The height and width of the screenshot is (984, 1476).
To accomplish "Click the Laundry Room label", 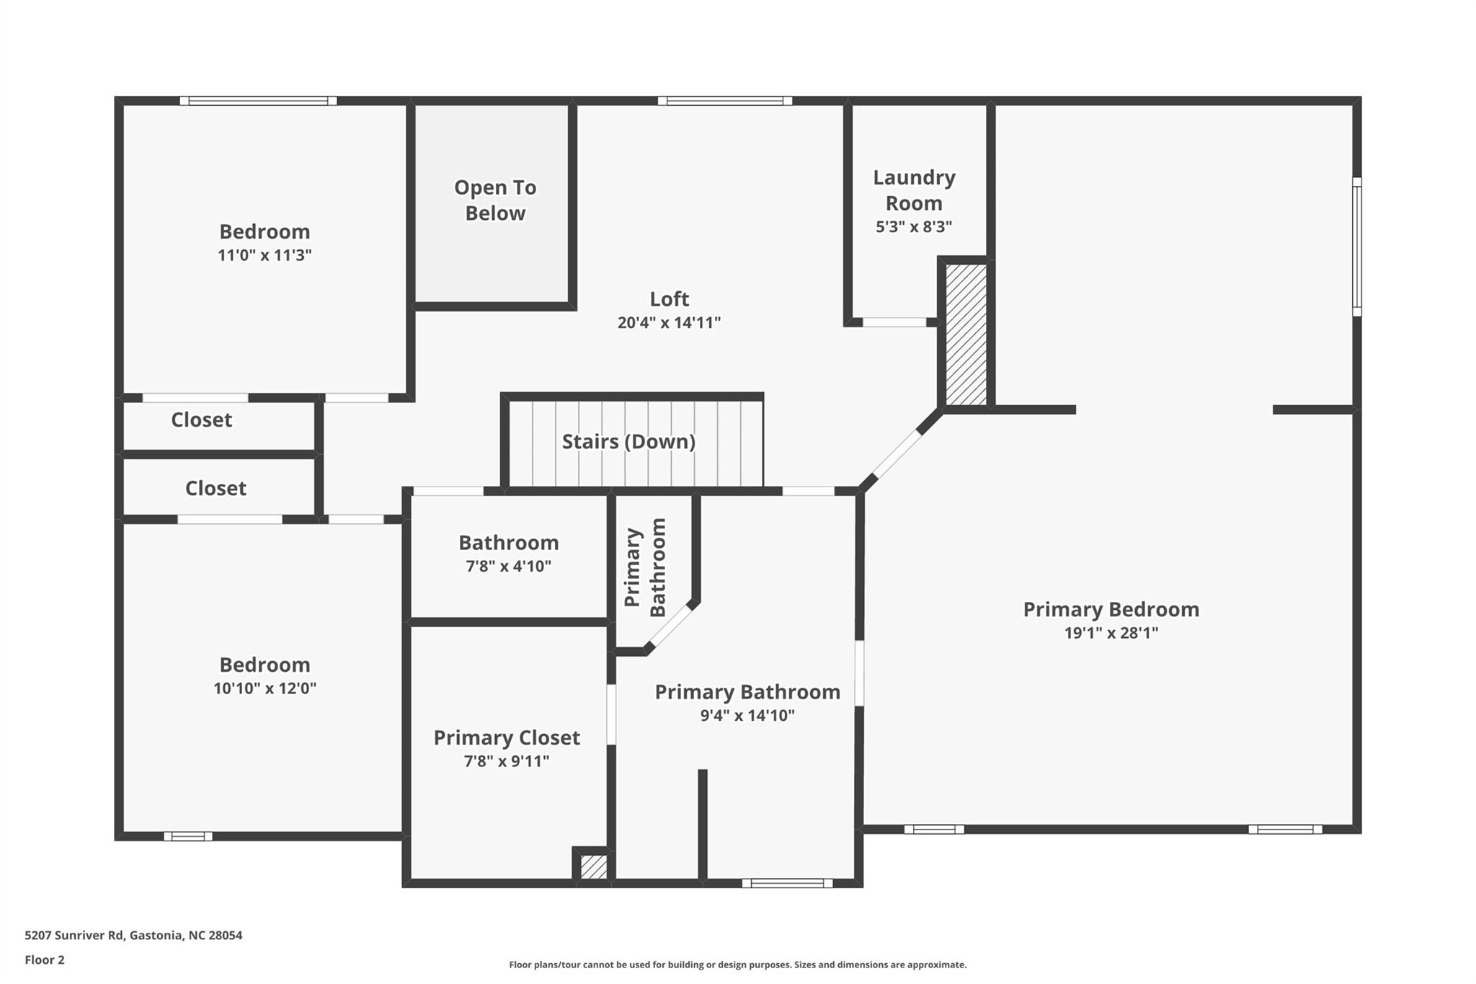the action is click(x=914, y=190).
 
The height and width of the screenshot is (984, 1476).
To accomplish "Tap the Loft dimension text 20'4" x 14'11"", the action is click(x=669, y=322).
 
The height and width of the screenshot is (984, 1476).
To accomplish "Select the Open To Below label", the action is click(x=495, y=200).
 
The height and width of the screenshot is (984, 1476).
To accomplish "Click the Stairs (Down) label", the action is click(x=628, y=441).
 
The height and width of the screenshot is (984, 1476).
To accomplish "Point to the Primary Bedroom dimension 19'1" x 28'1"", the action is click(x=1111, y=633).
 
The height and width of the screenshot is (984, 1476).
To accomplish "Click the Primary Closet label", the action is click(x=507, y=737).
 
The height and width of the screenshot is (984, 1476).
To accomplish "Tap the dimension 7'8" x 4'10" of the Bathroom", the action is click(x=508, y=566).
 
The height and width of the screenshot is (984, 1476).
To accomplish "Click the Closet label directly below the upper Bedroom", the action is click(x=201, y=420).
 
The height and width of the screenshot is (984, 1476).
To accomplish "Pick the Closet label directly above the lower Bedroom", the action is click(x=215, y=488).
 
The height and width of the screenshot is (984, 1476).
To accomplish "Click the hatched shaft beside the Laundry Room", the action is click(x=966, y=334).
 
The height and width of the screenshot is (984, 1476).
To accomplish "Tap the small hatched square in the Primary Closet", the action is click(x=594, y=866).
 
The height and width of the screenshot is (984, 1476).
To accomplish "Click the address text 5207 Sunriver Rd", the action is click(x=74, y=935).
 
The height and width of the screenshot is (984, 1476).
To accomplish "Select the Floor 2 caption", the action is click(x=45, y=959).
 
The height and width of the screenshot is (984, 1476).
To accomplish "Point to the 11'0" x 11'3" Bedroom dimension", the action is click(x=264, y=254).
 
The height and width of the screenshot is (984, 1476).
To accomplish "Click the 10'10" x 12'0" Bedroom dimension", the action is click(x=264, y=688).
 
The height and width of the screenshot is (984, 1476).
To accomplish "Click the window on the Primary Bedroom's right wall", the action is click(x=1356, y=247).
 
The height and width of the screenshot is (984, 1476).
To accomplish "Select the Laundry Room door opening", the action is click(x=894, y=322).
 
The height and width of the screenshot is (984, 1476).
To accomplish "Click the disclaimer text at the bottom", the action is click(x=738, y=965).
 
